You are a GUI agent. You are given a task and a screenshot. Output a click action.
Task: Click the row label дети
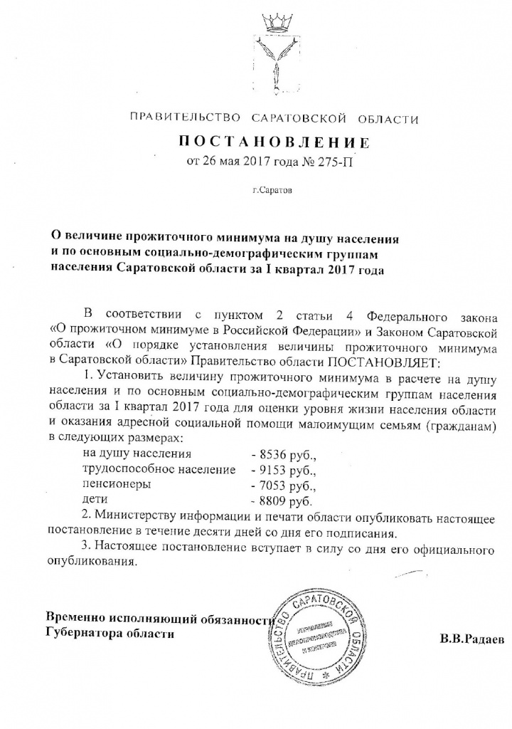click(95, 501)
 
